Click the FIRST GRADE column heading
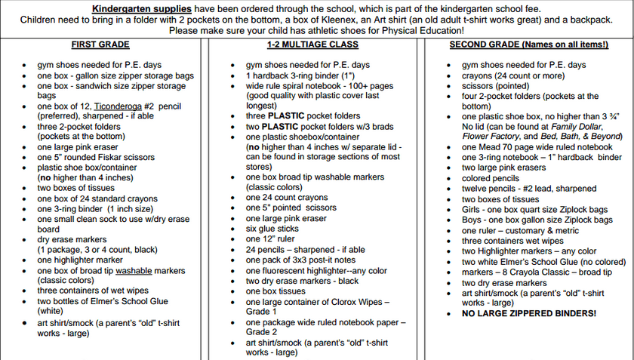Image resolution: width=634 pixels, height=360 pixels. coord(100,45)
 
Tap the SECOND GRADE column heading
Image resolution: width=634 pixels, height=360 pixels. coord(528,45)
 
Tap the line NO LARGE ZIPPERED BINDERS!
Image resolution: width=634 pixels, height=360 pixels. coord(528,313)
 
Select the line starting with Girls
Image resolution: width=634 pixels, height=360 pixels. coord(535,209)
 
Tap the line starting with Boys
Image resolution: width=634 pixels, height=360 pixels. coord(537,220)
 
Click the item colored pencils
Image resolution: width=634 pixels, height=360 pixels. coord(491,178)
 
